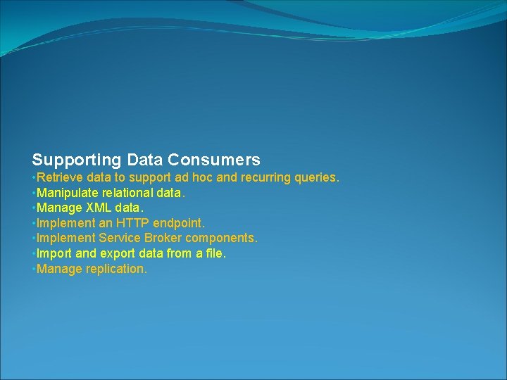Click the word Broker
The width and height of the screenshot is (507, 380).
tap(163, 239)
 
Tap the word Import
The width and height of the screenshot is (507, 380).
tap(53, 253)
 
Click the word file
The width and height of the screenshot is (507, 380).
tap(215, 253)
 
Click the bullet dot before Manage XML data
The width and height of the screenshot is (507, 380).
tap(33, 208)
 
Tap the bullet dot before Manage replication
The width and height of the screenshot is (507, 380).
tap(33, 269)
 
